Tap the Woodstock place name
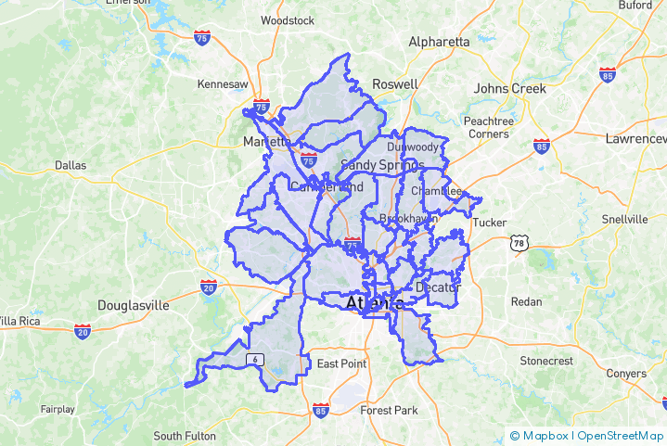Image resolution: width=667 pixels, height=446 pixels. pyautogui.click(x=289, y=19)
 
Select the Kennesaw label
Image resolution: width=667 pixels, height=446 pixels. pyautogui.click(x=223, y=84)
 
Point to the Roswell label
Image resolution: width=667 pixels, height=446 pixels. pyautogui.click(x=394, y=83)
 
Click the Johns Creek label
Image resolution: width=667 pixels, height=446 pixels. pyautogui.click(x=510, y=88)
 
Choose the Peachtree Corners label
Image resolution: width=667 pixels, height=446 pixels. pyautogui.click(x=488, y=127)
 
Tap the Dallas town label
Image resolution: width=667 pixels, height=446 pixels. pyautogui.click(x=71, y=165)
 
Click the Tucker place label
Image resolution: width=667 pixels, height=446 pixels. pyautogui.click(x=489, y=223)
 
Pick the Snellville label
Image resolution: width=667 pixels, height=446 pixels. pyautogui.click(x=625, y=220)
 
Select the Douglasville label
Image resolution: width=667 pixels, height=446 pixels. pyautogui.click(x=135, y=305)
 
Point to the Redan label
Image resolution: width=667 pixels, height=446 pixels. pyautogui.click(x=526, y=303)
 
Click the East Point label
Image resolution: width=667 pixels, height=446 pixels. pyautogui.click(x=341, y=363)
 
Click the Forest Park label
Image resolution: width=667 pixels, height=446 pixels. pyautogui.click(x=389, y=410)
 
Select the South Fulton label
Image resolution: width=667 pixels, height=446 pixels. pyautogui.click(x=185, y=436)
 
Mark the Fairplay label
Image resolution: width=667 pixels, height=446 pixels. pyautogui.click(x=58, y=409)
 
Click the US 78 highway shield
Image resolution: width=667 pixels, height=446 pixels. pyautogui.click(x=517, y=243)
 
